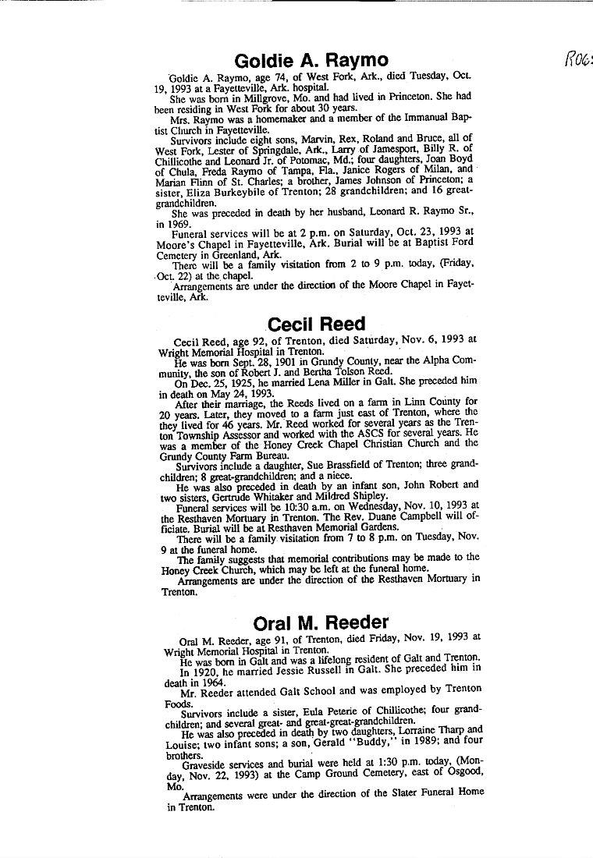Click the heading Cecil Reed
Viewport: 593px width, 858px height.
click(x=316, y=324)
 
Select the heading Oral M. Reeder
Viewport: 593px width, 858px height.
click(x=321, y=622)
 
